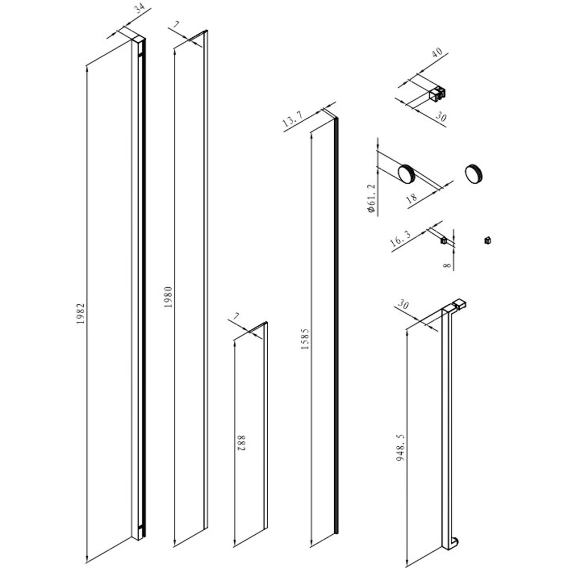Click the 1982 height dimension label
[81, 314]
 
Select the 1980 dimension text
[169, 297]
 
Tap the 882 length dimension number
[241, 442]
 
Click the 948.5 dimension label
[400, 447]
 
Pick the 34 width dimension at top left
[139, 9]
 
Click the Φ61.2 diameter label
[372, 199]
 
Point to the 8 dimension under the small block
[447, 265]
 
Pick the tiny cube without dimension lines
[487, 241]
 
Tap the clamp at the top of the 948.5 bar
[460, 304]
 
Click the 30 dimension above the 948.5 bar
[403, 304]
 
